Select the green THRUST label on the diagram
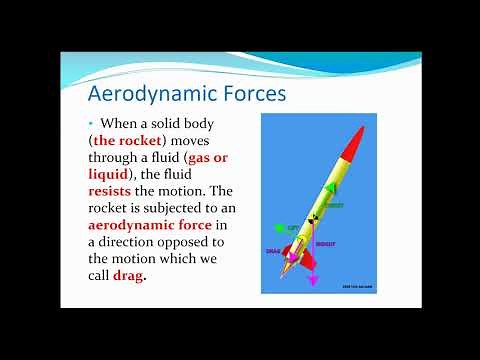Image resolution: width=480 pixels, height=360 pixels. coord(333,205)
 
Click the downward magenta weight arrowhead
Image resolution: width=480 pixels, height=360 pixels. coord(312,282)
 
